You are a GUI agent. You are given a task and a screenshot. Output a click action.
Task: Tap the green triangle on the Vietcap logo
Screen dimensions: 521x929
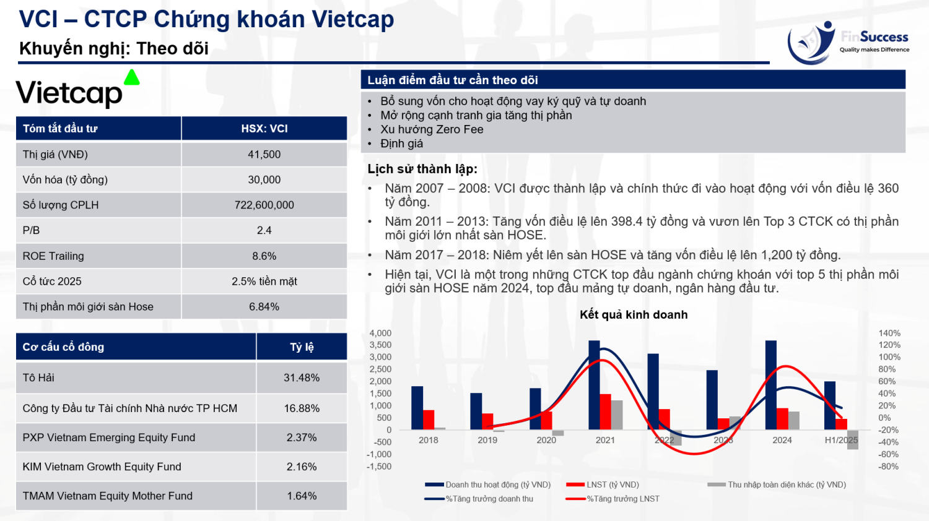click(131, 78)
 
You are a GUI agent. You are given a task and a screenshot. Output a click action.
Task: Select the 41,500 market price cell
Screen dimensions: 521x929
click(264, 155)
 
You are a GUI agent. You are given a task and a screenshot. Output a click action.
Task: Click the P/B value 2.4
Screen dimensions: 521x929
click(264, 230)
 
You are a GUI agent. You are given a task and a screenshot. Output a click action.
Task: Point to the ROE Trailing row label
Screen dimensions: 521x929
click(53, 256)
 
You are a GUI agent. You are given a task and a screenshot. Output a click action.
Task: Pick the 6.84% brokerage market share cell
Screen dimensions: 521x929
click(264, 307)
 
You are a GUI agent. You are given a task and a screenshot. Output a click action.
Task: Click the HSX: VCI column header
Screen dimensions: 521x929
click(264, 129)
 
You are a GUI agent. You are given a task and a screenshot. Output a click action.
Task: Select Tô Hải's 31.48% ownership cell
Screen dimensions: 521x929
click(302, 378)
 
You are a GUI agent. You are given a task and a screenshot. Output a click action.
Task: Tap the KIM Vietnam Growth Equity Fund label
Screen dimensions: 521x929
click(102, 467)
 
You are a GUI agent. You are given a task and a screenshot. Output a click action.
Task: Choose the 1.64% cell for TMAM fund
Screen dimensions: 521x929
click(302, 496)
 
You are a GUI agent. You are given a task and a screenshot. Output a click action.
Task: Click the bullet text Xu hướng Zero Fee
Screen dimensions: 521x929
click(432, 129)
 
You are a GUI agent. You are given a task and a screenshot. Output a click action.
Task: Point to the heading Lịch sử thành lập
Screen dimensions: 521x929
click(422, 169)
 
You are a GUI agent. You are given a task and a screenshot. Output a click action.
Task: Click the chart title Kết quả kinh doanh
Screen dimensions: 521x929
click(634, 314)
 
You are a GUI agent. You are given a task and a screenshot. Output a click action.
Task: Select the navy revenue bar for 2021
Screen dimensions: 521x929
click(594, 385)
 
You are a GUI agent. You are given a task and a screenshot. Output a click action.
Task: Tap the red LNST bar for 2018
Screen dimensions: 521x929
click(429, 420)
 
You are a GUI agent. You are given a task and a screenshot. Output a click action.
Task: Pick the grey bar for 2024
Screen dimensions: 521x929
click(794, 420)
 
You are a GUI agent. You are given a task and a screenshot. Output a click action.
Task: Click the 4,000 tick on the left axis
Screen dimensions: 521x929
click(380, 333)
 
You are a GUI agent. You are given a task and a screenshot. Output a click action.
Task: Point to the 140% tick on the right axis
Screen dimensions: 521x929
click(889, 333)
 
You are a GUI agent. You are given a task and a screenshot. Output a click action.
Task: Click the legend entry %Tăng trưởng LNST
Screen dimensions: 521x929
click(622, 499)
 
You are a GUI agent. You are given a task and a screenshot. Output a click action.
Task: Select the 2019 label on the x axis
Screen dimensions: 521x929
click(487, 440)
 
